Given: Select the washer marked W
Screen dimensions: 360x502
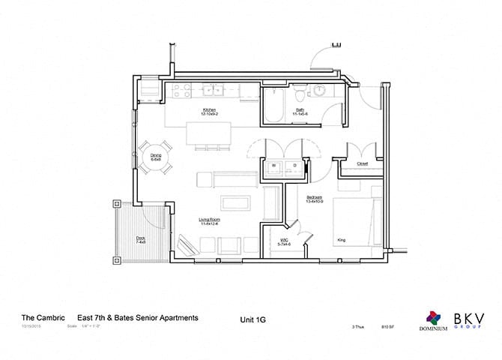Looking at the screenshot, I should [x=273, y=166].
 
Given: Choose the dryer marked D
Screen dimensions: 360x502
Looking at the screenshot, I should [x=294, y=166].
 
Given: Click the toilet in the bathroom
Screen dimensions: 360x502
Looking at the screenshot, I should [x=299, y=93].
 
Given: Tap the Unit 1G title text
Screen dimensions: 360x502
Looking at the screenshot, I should [x=252, y=319].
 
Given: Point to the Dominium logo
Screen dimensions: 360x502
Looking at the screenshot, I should [x=433, y=320].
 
